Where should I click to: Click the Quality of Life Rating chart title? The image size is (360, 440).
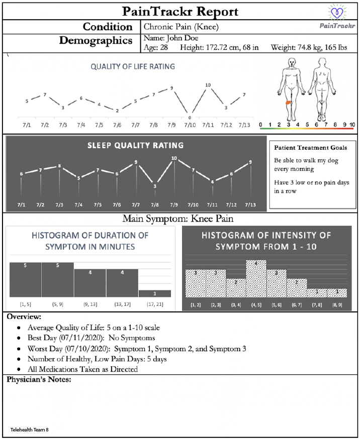pos(133,66)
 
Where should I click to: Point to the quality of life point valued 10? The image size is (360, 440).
pos(208,91)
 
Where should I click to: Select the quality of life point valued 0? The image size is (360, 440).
pos(190,114)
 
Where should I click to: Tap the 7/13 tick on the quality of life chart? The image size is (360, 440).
pos(244,125)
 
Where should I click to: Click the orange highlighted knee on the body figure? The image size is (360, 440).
pos(289,102)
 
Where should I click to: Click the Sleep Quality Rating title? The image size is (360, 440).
pos(136,146)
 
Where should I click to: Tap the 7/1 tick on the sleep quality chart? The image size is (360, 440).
pos(21,205)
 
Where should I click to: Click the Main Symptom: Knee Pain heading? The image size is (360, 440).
pos(178,219)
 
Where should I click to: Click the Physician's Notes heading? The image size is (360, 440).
pos(39,379)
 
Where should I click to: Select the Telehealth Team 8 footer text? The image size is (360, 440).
pos(29,430)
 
